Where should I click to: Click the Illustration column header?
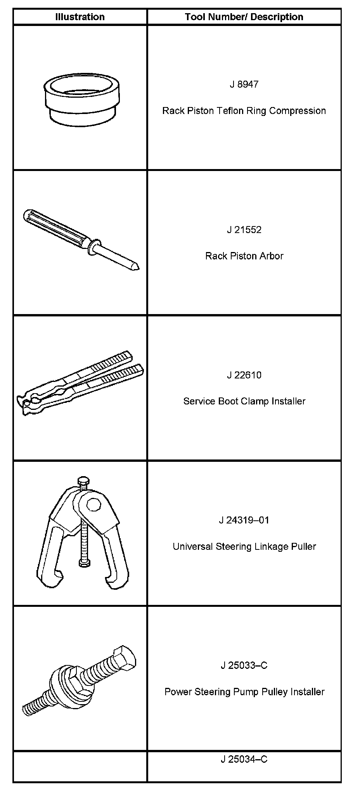[x=80, y=17]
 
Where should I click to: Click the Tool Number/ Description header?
[x=244, y=17]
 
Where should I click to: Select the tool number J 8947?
[x=244, y=85]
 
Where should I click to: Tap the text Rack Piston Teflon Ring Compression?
[x=244, y=111]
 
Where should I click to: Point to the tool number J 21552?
[x=244, y=230]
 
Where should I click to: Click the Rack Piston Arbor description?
[x=244, y=256]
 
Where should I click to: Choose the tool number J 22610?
[x=244, y=375]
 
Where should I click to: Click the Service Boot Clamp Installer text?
[x=244, y=401]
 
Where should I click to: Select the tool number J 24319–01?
[x=244, y=520]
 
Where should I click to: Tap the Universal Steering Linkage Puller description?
[x=244, y=547]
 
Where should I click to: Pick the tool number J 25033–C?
[x=244, y=666]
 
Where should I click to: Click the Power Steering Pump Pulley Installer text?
[x=244, y=692]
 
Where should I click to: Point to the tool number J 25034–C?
[x=244, y=759]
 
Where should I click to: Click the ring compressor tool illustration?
[x=81, y=103]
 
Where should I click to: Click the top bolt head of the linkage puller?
[x=83, y=481]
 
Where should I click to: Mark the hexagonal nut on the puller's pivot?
[x=93, y=505]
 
